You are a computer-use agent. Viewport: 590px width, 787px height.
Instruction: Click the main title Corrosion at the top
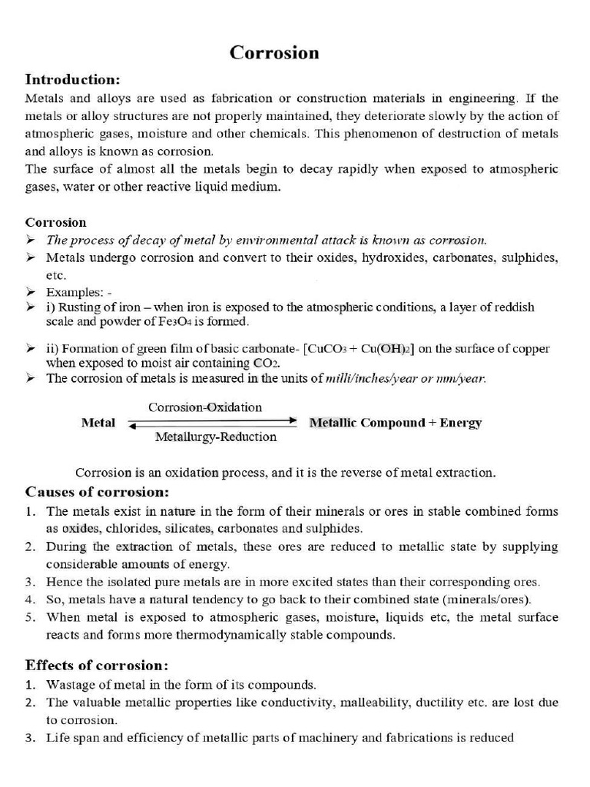[274, 52]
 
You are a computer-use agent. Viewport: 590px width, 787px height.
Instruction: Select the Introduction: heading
[73, 79]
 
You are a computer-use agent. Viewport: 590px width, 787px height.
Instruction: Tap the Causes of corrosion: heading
[97, 491]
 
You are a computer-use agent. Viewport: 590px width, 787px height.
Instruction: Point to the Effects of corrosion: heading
[97, 665]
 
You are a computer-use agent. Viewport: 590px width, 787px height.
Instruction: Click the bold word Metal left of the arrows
[98, 423]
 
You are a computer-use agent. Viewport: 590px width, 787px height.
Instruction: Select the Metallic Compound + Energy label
[395, 423]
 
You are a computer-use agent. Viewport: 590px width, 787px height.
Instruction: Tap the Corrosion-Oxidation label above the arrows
[205, 407]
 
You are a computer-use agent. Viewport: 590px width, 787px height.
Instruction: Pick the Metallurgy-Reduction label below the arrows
[216, 437]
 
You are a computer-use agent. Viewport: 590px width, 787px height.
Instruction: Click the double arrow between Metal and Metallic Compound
[212, 422]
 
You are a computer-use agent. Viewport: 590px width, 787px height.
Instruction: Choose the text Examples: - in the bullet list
[79, 293]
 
